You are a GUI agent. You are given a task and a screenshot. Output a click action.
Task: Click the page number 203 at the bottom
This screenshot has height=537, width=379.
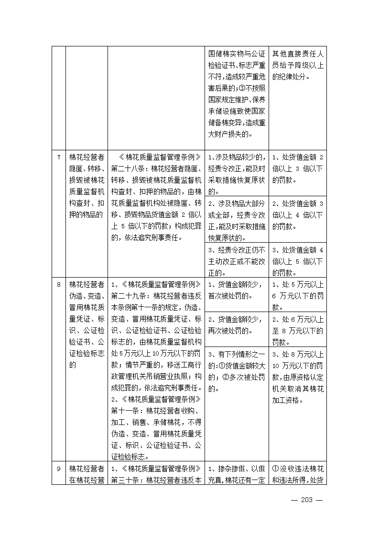coord(306,500)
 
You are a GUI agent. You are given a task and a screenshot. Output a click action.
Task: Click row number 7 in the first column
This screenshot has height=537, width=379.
coord(58,157)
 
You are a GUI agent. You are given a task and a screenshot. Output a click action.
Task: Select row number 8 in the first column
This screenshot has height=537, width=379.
coord(58,285)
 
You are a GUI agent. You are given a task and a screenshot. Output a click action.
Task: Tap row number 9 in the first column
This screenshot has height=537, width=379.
coord(58,469)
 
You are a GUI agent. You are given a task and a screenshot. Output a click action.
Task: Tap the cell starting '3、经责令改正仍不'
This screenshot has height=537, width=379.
coord(237,261)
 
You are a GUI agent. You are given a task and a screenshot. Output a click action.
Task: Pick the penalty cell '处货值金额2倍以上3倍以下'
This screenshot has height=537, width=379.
coord(298,169)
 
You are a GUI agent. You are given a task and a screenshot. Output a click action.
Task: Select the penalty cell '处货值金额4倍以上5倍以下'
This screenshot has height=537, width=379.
coord(298,261)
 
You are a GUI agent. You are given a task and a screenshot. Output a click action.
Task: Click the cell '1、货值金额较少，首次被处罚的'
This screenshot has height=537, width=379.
coord(237,290)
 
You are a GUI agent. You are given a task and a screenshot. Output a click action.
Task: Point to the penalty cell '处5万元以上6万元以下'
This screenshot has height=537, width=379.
coord(298,295)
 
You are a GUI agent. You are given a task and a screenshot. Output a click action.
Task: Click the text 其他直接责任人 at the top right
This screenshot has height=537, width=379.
coord(298,54)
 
